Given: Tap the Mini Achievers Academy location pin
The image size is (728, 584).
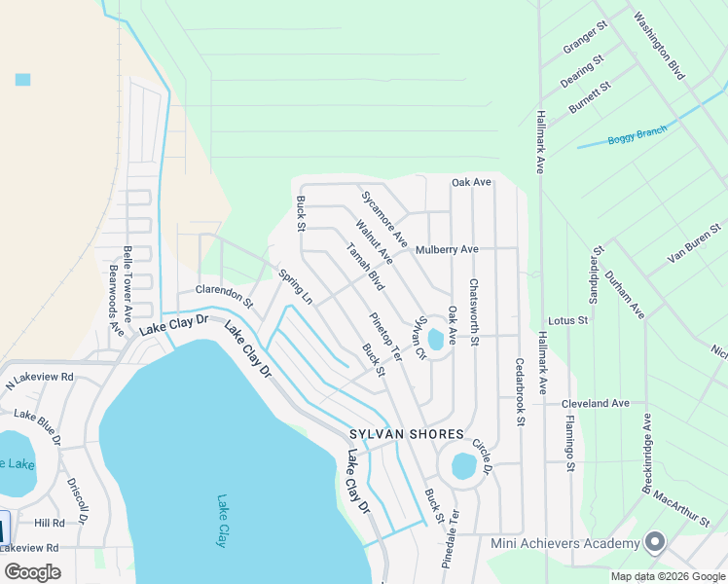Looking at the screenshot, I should pos(655,541).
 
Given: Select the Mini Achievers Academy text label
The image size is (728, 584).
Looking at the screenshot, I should pos(565,544).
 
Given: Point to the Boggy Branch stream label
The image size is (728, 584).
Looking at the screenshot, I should pos(637,135).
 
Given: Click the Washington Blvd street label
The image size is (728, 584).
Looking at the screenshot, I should pos(660,45).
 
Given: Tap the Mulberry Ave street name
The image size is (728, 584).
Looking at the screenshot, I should pos(447,249).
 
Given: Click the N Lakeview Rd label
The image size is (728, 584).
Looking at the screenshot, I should pos(40,377).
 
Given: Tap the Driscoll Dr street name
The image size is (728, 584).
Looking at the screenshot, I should pos(78,498).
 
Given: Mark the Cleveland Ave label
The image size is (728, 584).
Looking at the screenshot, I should pos(596,403).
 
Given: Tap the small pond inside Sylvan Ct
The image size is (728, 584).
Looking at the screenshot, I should pos(435,339).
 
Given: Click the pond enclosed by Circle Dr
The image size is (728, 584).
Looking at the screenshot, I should pos(464,466).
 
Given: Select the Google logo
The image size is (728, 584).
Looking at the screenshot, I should pos(32,571).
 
